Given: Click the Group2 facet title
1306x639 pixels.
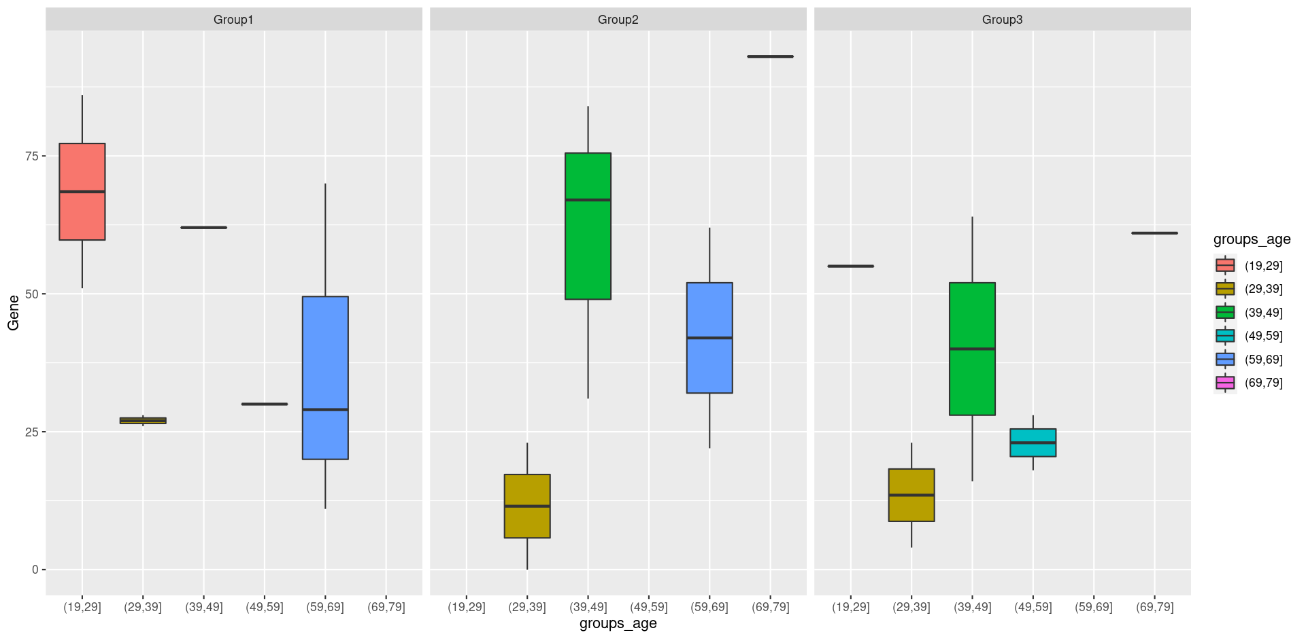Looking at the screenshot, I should click(618, 20).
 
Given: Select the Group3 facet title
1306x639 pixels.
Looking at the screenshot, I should click(1002, 20).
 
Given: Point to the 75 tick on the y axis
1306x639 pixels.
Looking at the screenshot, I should click(31, 156).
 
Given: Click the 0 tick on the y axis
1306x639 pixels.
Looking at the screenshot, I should click(35, 570).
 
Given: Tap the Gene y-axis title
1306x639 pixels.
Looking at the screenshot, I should click(14, 313).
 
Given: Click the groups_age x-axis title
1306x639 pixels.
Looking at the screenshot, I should click(618, 623).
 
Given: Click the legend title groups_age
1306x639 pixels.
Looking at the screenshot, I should click(1252, 239).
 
